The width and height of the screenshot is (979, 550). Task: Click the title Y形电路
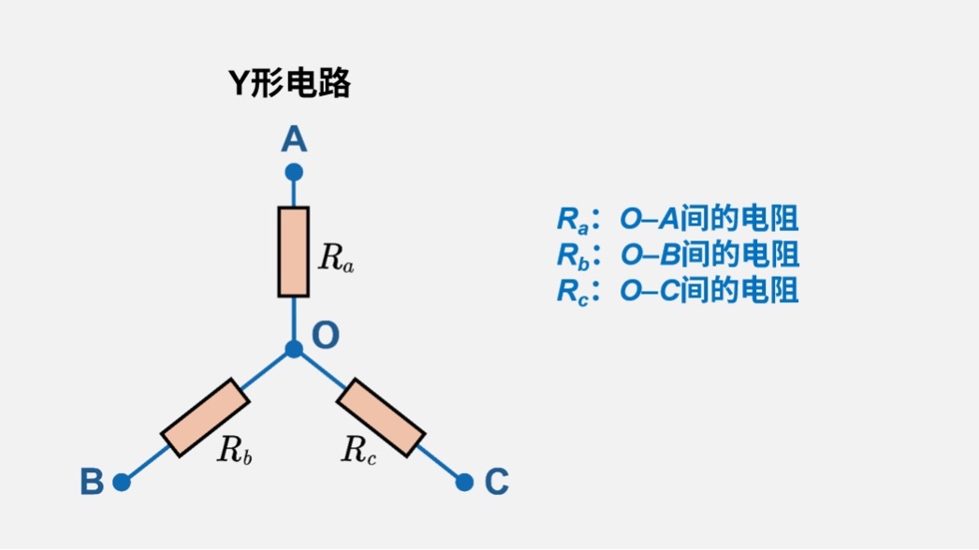click(290, 84)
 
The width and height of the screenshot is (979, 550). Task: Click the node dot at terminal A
click(294, 172)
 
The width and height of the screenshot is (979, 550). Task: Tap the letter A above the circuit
click(294, 140)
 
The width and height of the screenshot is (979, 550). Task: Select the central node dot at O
click(294, 349)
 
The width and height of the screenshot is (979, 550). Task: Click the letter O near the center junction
click(325, 335)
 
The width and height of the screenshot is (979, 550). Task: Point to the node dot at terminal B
click(121, 482)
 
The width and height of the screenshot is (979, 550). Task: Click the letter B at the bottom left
click(91, 483)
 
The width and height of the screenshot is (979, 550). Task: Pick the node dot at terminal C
click(464, 482)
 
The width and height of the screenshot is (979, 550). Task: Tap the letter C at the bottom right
click(496, 483)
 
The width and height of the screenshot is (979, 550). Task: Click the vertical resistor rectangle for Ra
click(294, 252)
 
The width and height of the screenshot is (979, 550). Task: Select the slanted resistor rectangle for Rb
click(205, 417)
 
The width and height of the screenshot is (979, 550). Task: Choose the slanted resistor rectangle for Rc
click(380, 417)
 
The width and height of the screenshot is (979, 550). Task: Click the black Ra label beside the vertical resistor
click(336, 257)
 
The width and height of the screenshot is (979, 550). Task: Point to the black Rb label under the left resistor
click(235, 451)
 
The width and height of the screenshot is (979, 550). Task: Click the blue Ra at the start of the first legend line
click(573, 220)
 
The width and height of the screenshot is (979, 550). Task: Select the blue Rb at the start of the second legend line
click(573, 254)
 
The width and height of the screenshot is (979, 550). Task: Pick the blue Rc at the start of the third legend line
click(573, 290)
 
